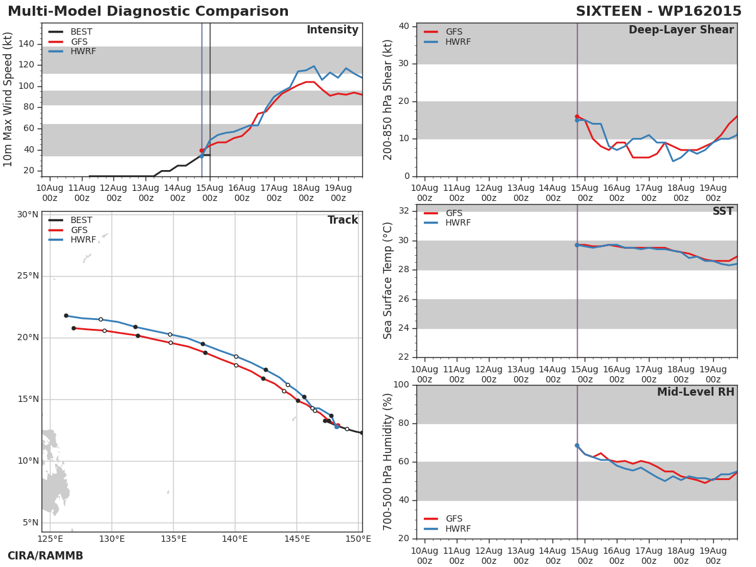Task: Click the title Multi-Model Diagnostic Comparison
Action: [148, 12]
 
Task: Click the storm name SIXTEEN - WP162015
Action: [658, 12]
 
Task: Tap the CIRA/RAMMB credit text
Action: [45, 556]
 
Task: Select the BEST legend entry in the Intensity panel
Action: [81, 32]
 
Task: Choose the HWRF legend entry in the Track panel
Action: [83, 240]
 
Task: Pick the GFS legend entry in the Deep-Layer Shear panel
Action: [454, 32]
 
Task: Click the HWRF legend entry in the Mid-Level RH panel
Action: [458, 529]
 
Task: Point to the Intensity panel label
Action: [332, 30]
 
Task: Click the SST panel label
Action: [723, 212]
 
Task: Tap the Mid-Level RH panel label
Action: [696, 392]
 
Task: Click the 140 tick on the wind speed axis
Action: [26, 44]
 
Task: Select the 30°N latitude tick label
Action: [28, 215]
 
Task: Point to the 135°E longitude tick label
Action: [173, 539]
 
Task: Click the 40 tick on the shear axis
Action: [403, 26]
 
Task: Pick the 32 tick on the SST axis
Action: [403, 211]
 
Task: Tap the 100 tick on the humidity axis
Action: [401, 385]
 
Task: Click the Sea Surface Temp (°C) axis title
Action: [388, 281]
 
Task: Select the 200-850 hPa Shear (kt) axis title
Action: [388, 100]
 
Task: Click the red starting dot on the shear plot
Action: [576, 117]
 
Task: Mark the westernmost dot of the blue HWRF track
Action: [66, 316]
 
